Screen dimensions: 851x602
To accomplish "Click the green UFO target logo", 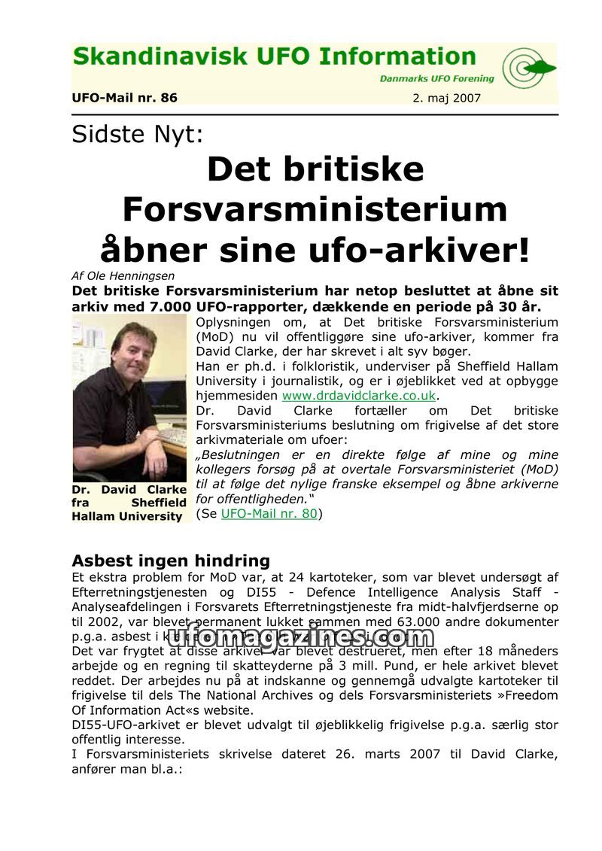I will pyautogui.click(x=528, y=68).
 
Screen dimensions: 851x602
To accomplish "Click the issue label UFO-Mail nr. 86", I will pyautogui.click(x=124, y=98).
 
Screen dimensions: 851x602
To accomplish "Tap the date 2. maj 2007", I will pyautogui.click(x=447, y=98).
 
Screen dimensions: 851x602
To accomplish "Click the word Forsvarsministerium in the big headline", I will pyautogui.click(x=315, y=208).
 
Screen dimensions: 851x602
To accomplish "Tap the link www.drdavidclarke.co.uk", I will pyautogui.click(x=358, y=396).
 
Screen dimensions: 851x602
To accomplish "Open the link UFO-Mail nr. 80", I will pyautogui.click(x=269, y=514).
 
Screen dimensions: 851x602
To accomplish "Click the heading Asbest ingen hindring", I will pyautogui.click(x=171, y=561).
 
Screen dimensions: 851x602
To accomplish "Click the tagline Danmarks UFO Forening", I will pyautogui.click(x=436, y=78).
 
